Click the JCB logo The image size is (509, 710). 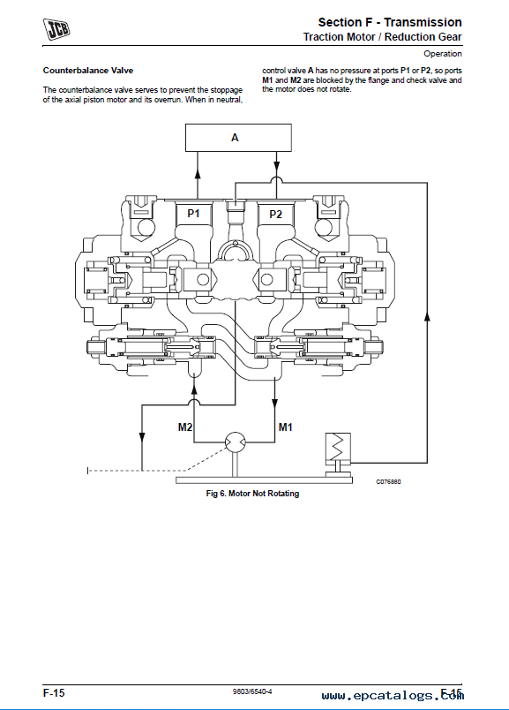click(56, 29)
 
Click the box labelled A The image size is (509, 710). click(238, 138)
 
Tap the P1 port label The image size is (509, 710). click(194, 214)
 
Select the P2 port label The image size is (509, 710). click(275, 215)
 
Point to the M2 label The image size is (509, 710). click(185, 427)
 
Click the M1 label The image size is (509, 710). click(286, 427)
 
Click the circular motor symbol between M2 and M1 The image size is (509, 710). click(235, 442)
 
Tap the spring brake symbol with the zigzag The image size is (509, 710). click(338, 447)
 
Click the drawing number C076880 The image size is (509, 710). click(388, 482)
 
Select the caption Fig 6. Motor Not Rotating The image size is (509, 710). click(252, 494)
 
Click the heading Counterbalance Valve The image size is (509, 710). click(88, 71)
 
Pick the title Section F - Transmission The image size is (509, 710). click(390, 22)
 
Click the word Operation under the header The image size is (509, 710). click(443, 54)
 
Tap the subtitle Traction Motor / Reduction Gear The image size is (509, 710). click(382, 37)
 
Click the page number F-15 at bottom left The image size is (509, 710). click(54, 693)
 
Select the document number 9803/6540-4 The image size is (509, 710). click(252, 691)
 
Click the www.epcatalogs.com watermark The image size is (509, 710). click(393, 696)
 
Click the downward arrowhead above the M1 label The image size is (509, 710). click(274, 404)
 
